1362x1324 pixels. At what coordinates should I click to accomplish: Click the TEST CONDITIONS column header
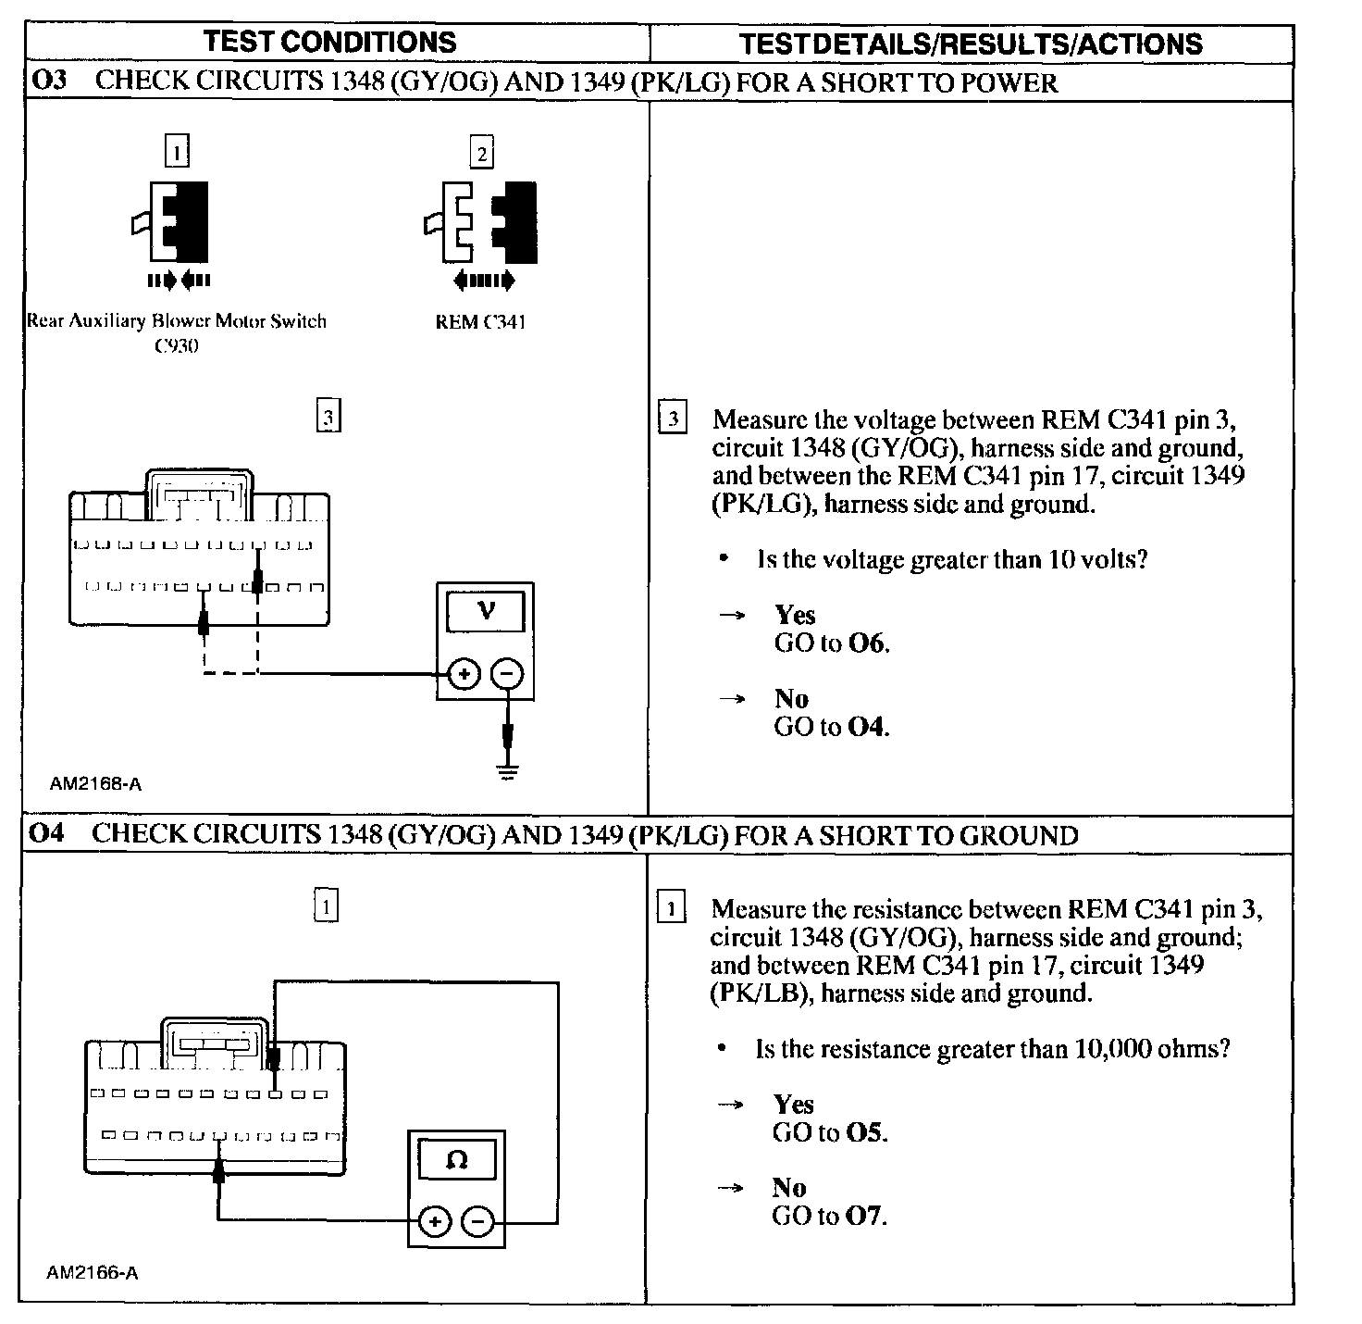[329, 42]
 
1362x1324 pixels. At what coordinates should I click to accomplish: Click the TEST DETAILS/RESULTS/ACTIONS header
[971, 44]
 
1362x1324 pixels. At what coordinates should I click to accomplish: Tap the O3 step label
[49, 81]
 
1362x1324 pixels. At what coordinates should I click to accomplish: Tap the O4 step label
[46, 833]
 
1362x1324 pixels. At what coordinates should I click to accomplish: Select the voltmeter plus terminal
[464, 674]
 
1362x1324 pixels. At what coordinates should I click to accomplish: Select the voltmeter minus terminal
[506, 674]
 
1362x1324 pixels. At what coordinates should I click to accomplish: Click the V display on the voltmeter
[486, 611]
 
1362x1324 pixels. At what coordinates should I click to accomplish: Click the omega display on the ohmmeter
[456, 1159]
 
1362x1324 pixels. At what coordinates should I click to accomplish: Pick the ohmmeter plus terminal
[434, 1222]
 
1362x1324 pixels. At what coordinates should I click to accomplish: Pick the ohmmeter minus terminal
[477, 1222]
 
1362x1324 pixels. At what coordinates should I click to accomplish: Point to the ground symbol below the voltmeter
[507, 769]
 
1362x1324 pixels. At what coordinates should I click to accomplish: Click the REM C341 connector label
[480, 322]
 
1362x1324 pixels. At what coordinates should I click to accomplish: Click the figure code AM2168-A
[95, 784]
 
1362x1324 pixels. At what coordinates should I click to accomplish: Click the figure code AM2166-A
[92, 1273]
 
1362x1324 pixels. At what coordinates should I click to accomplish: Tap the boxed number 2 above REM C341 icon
[481, 153]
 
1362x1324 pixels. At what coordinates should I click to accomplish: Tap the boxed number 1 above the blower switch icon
[177, 150]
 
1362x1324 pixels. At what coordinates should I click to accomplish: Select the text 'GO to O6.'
[832, 643]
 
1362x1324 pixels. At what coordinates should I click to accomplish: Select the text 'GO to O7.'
[829, 1215]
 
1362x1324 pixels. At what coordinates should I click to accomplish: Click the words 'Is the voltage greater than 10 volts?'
[952, 559]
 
